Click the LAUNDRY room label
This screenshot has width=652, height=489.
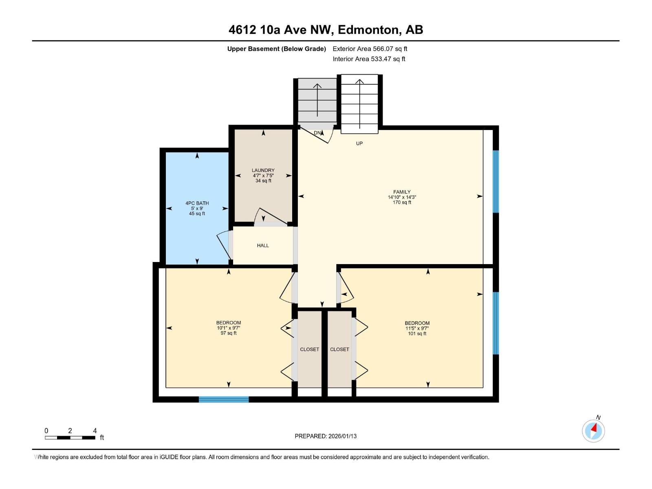coord(263,170)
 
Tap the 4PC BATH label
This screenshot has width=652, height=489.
coord(197,203)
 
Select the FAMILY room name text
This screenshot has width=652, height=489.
coord(402,192)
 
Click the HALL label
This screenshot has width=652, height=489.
coord(263,245)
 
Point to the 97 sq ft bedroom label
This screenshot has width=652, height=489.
coord(229,323)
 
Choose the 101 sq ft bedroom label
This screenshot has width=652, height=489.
coord(417,323)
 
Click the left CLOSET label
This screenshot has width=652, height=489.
coord(309,349)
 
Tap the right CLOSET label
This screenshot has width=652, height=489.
coord(339,349)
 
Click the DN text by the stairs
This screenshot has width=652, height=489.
coord(317,133)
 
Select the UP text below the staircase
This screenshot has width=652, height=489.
coord(359,143)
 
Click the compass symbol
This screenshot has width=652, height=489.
coord(593,431)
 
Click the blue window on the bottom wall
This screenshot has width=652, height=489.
coord(224,399)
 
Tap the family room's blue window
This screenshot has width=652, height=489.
coord(496,181)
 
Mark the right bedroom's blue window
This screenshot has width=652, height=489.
coord(496,323)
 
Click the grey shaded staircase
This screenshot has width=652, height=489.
coord(317,101)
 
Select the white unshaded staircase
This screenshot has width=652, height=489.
coord(359,104)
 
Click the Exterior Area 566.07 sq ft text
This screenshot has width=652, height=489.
coord(370,49)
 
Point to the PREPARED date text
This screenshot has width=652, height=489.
coord(326,436)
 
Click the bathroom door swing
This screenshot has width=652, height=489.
coord(224,246)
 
